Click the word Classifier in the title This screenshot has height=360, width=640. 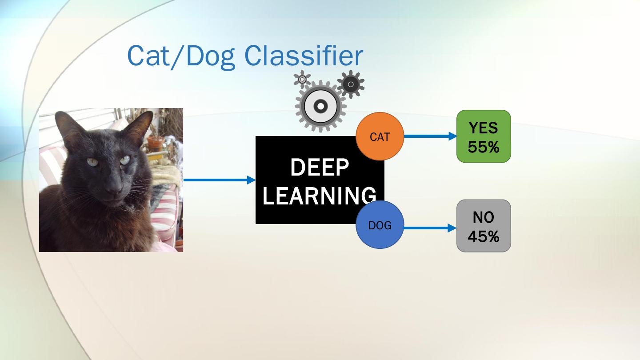pyautogui.click(x=304, y=56)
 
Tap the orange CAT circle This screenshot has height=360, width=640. pyautogui.click(x=380, y=136)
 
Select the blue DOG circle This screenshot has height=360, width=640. pyautogui.click(x=380, y=225)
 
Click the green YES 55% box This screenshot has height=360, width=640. pyautogui.click(x=484, y=136)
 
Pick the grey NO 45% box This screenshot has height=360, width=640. pyautogui.click(x=484, y=226)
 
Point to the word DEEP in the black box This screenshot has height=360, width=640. pyautogui.click(x=319, y=168)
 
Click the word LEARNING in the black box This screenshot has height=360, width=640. pyautogui.click(x=319, y=196)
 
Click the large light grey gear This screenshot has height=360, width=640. pyautogui.click(x=320, y=106)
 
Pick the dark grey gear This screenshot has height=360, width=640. pyautogui.click(x=351, y=84)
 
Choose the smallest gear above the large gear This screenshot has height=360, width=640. pyautogui.click(x=302, y=79)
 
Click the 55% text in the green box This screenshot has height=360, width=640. pyautogui.click(x=484, y=147)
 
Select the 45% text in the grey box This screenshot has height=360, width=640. pyautogui.click(x=484, y=236)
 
